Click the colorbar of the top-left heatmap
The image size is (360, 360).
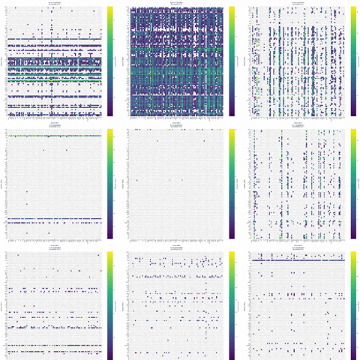(109, 60)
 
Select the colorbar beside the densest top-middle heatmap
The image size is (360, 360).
(232, 60)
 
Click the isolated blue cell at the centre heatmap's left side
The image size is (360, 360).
(136, 180)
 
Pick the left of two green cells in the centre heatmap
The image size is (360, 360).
(170, 180)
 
